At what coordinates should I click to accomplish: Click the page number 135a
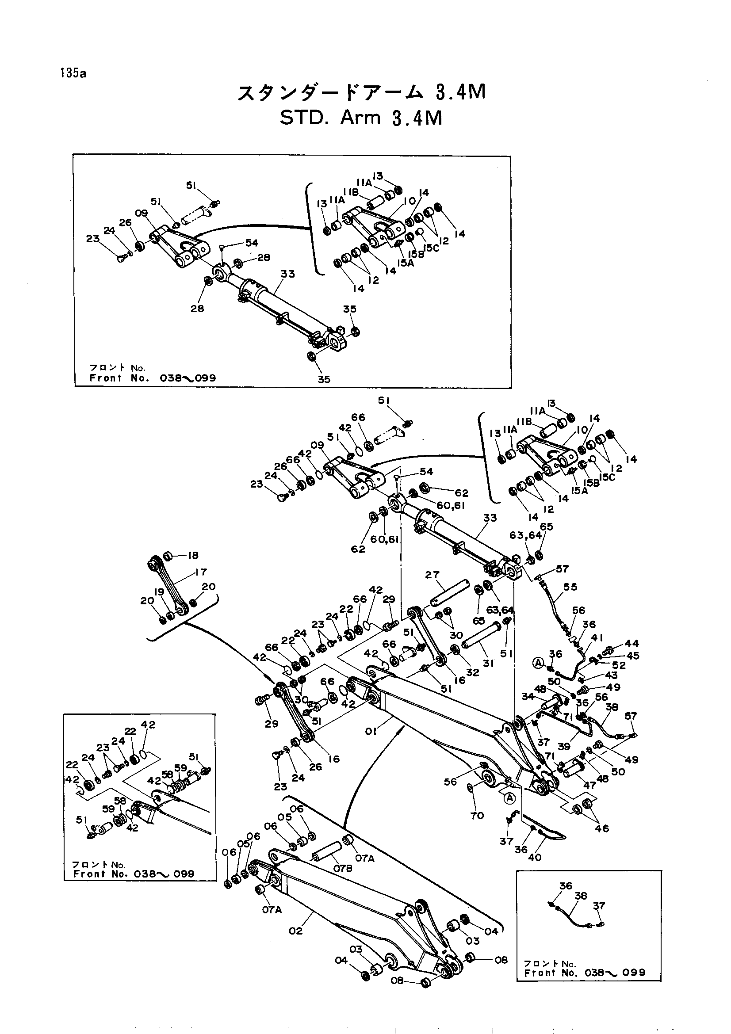(72, 73)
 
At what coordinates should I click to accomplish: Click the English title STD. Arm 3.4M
(361, 118)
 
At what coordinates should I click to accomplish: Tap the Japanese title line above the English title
(361, 92)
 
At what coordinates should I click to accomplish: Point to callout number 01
(371, 732)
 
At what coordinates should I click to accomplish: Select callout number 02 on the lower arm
(296, 931)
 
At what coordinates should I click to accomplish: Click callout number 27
(432, 575)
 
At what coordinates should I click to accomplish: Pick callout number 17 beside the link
(201, 572)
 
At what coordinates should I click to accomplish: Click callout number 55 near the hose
(570, 587)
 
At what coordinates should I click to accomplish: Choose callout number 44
(632, 644)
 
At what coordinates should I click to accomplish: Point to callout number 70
(477, 816)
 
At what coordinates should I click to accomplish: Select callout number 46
(602, 828)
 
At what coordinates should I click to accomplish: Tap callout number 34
(528, 697)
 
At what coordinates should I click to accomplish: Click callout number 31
(489, 664)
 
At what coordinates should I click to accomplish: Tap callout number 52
(619, 665)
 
